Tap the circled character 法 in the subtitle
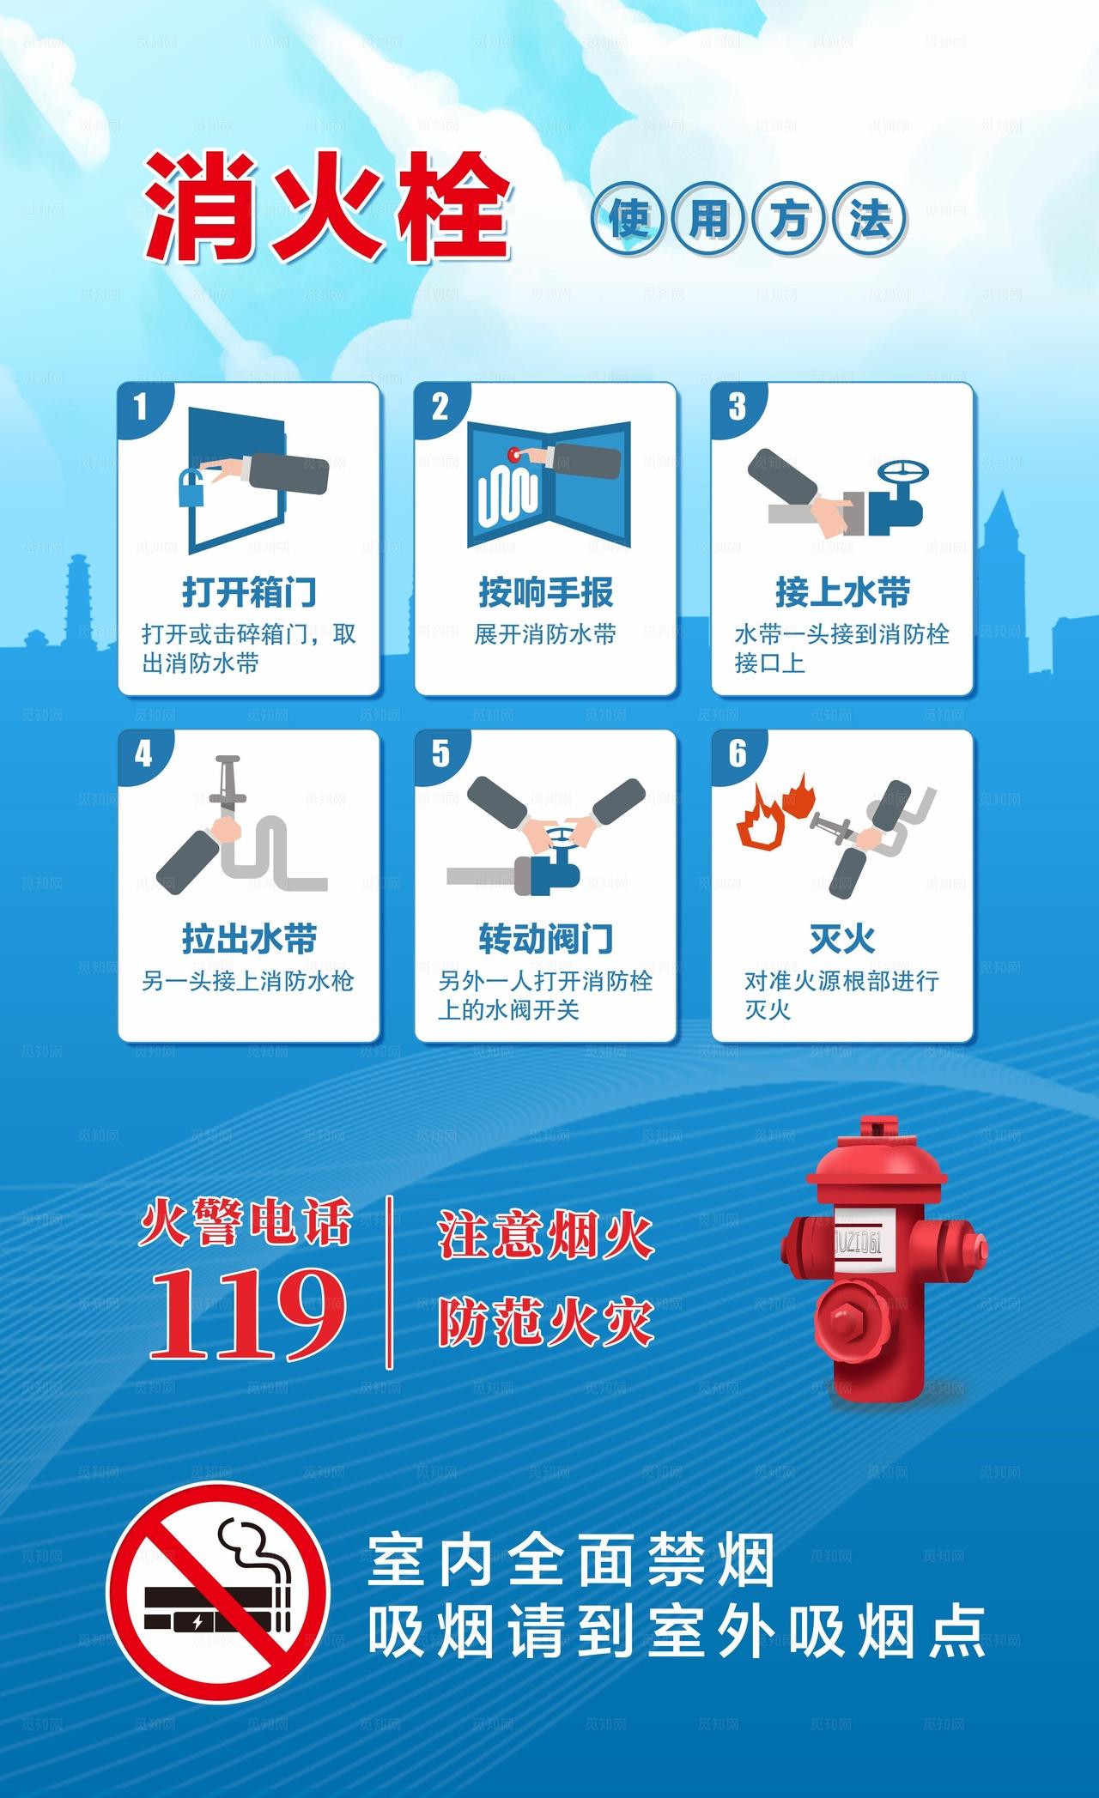pyautogui.click(x=869, y=220)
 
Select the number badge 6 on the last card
pyautogui.click(x=738, y=754)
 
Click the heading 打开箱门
pyautogui.click(x=249, y=591)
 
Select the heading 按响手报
pyautogui.click(x=545, y=591)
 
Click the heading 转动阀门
pyautogui.click(x=545, y=938)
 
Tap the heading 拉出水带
pyautogui.click(x=249, y=938)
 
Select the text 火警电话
pyautogui.click(x=247, y=1223)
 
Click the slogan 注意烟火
pyautogui.click(x=546, y=1236)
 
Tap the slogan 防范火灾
pyautogui.click(x=546, y=1323)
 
